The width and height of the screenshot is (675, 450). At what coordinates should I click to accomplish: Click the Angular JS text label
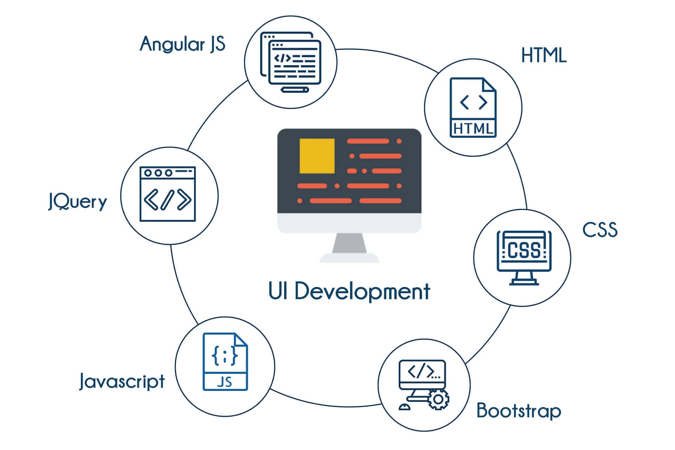pyautogui.click(x=182, y=45)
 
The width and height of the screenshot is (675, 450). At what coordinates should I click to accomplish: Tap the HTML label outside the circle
pyautogui.click(x=544, y=56)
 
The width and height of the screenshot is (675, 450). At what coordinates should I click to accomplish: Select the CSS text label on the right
pyautogui.click(x=600, y=230)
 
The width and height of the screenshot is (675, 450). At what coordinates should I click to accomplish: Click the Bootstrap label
pyautogui.click(x=519, y=411)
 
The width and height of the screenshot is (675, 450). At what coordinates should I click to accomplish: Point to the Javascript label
pyautogui.click(x=122, y=381)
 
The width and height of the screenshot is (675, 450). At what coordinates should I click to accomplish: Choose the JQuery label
pyautogui.click(x=78, y=201)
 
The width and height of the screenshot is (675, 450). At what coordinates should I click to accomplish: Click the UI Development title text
pyautogui.click(x=349, y=291)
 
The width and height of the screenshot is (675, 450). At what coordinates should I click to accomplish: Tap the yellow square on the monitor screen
pyautogui.click(x=317, y=156)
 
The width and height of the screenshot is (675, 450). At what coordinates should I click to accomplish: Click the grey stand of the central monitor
pyautogui.click(x=349, y=243)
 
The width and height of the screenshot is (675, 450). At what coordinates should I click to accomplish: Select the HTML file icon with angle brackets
pyautogui.click(x=473, y=107)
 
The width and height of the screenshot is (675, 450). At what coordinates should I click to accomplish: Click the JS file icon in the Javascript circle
pyautogui.click(x=225, y=362)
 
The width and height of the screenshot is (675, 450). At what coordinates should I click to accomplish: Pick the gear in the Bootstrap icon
pyautogui.click(x=438, y=399)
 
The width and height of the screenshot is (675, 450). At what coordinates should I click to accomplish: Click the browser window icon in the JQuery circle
pyautogui.click(x=168, y=194)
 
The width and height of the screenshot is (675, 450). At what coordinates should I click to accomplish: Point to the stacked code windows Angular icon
pyautogui.click(x=291, y=59)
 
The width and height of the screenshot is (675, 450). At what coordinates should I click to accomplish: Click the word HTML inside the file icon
pyautogui.click(x=473, y=129)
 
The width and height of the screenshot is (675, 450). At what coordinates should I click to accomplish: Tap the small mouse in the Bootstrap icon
pyautogui.click(x=404, y=407)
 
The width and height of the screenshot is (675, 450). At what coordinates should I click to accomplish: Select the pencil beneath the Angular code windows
pyautogui.click(x=295, y=90)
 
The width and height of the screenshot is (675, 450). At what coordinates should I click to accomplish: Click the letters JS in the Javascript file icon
pyautogui.click(x=225, y=382)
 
